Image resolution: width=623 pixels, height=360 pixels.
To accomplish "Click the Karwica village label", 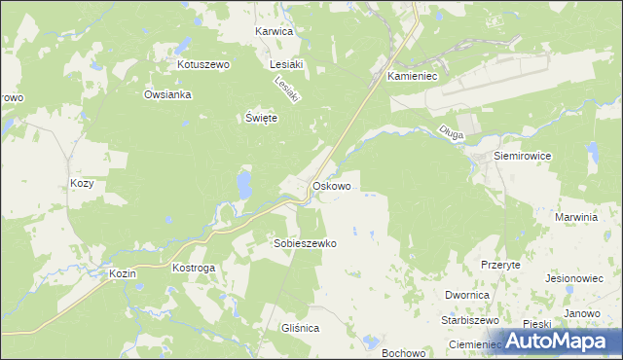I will [x=274, y=31].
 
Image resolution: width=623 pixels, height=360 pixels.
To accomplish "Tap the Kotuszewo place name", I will [x=202, y=64].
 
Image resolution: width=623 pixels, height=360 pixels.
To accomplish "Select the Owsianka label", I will [x=167, y=95].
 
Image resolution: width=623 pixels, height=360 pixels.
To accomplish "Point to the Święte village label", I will [x=261, y=118].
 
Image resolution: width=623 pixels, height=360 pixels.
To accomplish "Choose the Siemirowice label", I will [x=523, y=156].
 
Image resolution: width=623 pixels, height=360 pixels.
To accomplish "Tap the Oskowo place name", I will [x=331, y=185].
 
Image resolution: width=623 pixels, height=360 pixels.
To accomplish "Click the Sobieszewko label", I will [x=305, y=244].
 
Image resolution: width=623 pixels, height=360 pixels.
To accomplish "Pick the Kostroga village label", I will [x=193, y=267].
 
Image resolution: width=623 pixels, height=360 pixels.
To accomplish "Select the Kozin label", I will [x=123, y=274].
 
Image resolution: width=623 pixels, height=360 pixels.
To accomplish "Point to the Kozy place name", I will [x=82, y=183].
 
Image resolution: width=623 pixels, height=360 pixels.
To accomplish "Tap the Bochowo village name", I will [x=405, y=352].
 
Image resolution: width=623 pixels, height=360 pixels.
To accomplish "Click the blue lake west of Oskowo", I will [x=243, y=183].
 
